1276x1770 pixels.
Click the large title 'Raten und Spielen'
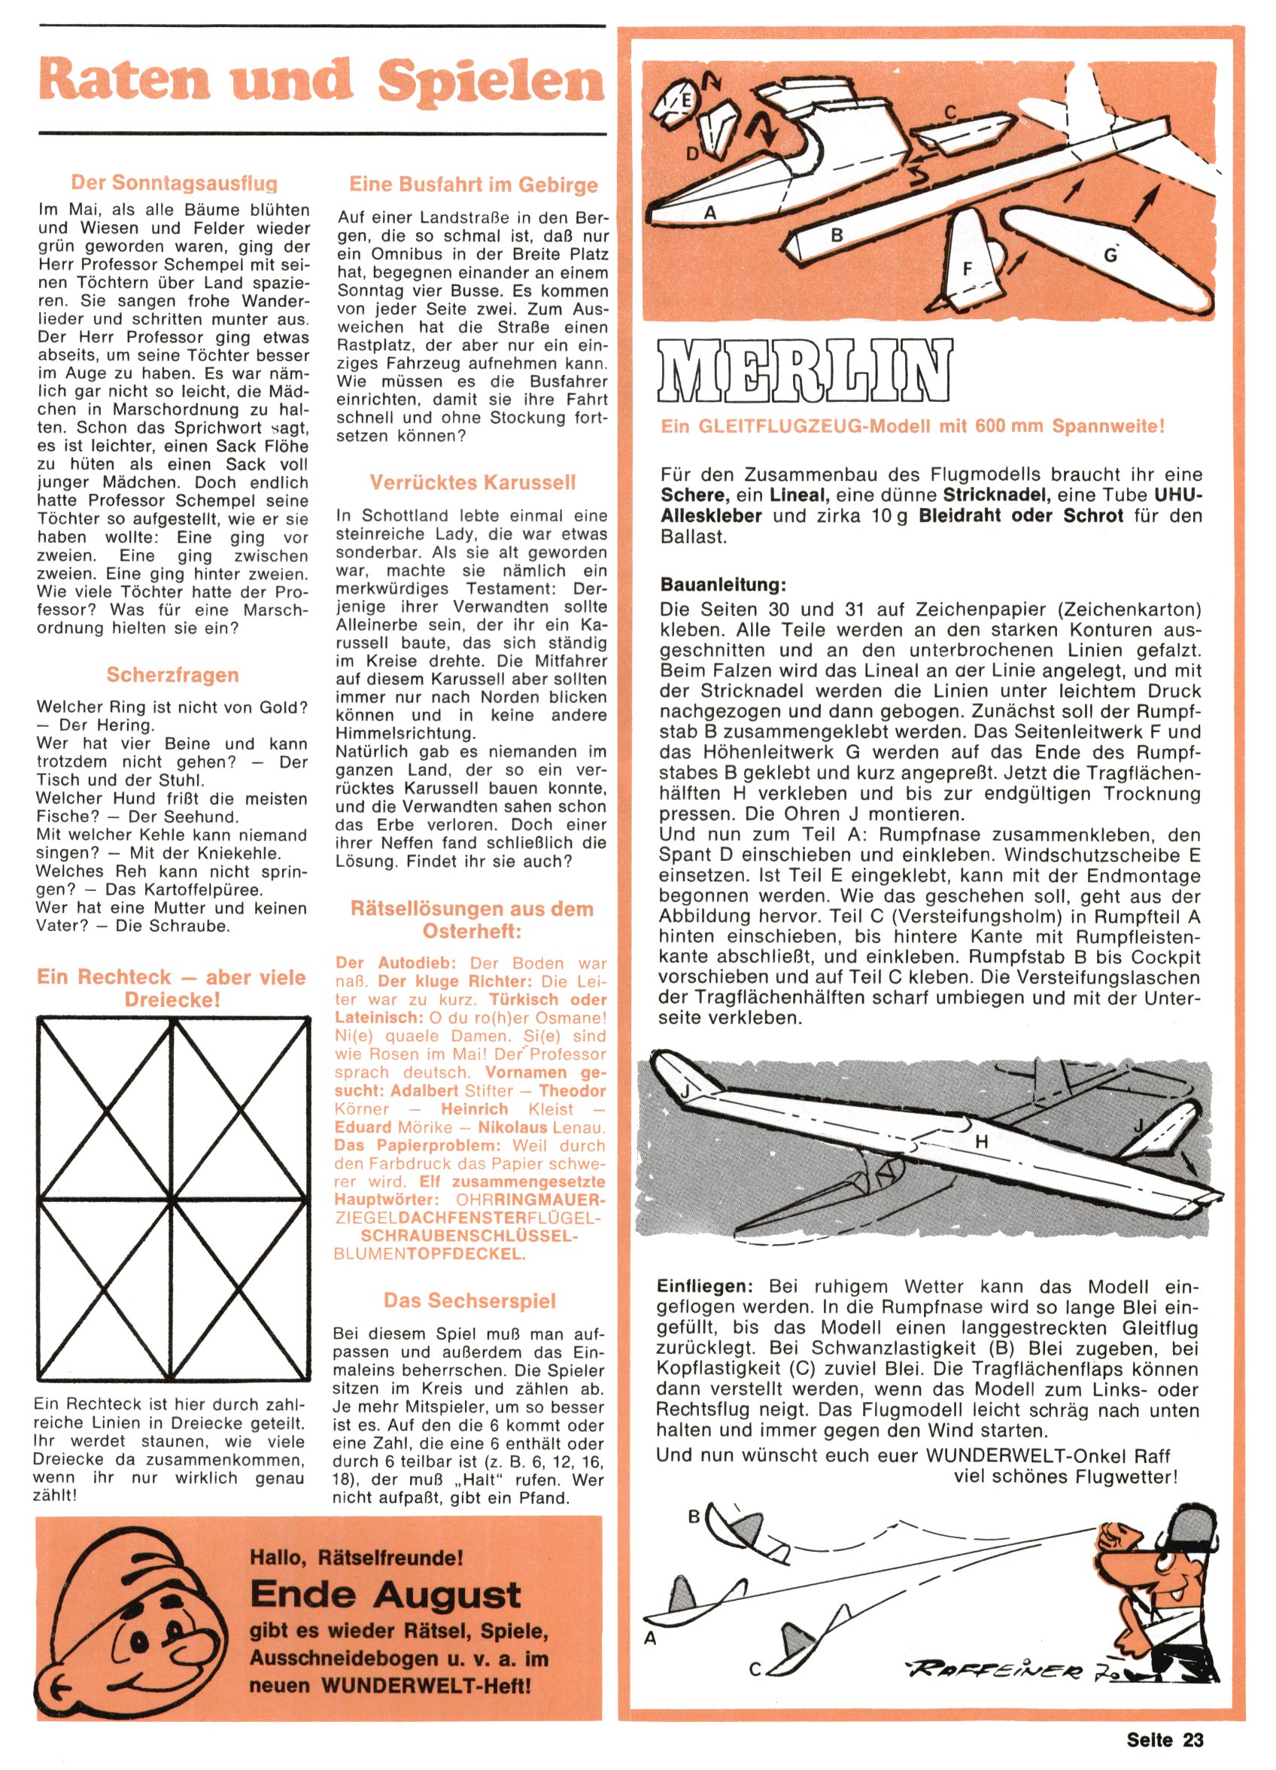coord(321,81)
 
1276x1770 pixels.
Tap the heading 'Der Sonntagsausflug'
coord(174,184)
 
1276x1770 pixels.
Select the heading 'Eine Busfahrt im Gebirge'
coord(473,185)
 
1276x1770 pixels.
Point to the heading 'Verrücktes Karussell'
coord(472,482)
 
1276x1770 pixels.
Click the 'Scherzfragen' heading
coord(172,675)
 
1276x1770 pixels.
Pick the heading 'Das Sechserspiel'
coord(469,1301)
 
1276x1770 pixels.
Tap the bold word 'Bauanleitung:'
coord(723,585)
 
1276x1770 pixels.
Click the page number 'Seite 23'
coord(1165,1740)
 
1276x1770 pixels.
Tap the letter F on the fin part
coord(968,269)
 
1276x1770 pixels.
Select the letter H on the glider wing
coord(982,1141)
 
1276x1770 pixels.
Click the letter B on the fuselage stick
coord(837,235)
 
